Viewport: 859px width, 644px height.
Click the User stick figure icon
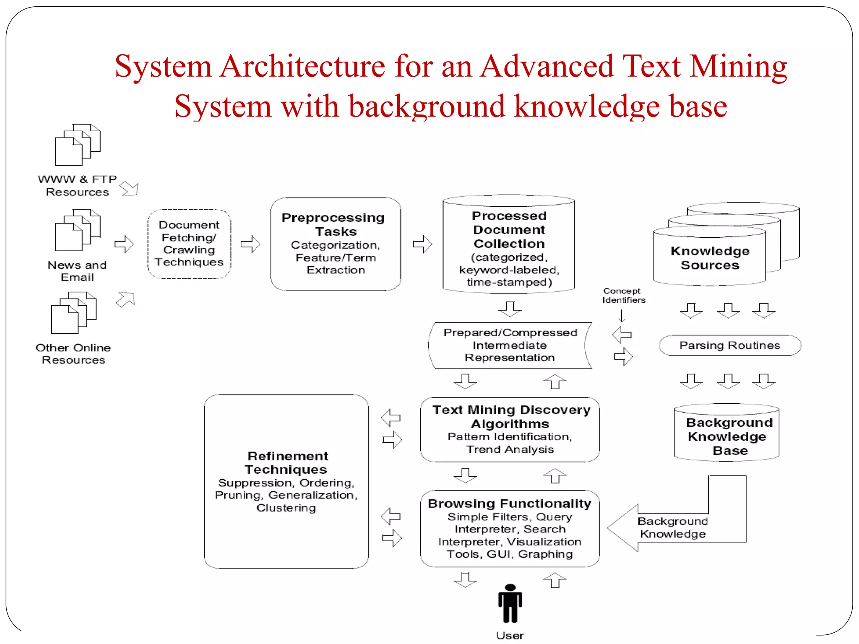point(510,603)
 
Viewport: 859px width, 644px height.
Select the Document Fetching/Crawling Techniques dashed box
point(189,244)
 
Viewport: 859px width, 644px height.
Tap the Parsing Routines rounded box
point(730,345)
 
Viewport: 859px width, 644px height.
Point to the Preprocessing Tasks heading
point(333,224)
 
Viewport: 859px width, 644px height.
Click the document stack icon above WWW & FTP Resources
point(78,145)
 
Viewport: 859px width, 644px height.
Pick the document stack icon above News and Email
point(78,230)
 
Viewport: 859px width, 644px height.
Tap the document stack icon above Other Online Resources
point(74,313)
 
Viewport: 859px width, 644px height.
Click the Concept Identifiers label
point(623,296)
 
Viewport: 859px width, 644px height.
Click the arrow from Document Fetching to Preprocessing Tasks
point(250,244)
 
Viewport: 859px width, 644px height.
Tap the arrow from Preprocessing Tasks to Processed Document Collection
point(422,244)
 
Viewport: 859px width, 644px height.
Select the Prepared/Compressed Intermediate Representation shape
point(510,345)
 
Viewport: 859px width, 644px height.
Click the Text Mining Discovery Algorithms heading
point(511,416)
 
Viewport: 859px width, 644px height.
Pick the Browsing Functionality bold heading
point(510,503)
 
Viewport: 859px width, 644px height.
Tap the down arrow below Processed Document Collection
point(510,309)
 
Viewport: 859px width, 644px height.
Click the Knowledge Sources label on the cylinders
point(710,258)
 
